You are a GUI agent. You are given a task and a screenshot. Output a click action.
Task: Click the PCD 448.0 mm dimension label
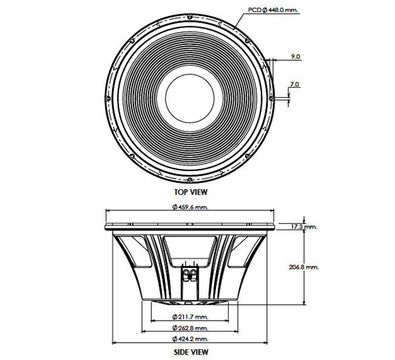coord(273,10)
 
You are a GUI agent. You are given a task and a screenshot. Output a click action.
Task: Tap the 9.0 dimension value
coord(295,56)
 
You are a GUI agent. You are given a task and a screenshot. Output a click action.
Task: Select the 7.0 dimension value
coord(294,84)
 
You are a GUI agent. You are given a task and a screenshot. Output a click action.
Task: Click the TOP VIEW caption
coord(191,192)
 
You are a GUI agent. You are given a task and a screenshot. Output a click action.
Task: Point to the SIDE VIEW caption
coord(191,352)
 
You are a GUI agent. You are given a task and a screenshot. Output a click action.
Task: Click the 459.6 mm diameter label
coord(191,207)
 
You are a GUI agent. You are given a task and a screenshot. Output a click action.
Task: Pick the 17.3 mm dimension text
coord(305,227)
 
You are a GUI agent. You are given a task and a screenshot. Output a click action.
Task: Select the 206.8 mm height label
coord(303,267)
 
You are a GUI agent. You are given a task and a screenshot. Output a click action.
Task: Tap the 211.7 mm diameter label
coord(191,317)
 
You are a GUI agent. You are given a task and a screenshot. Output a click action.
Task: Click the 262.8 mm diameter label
coord(191,328)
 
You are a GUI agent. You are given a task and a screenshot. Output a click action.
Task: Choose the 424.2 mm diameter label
coord(191,339)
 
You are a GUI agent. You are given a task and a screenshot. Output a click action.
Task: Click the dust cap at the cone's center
coord(190,98)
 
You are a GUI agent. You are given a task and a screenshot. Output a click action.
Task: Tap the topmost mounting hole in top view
coord(190,16)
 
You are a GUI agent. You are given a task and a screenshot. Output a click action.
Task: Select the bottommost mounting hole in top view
coord(190,179)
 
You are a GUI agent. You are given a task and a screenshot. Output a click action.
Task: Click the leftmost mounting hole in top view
coord(108,98)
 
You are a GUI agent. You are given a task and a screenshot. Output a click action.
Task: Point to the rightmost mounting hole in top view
coord(271,98)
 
